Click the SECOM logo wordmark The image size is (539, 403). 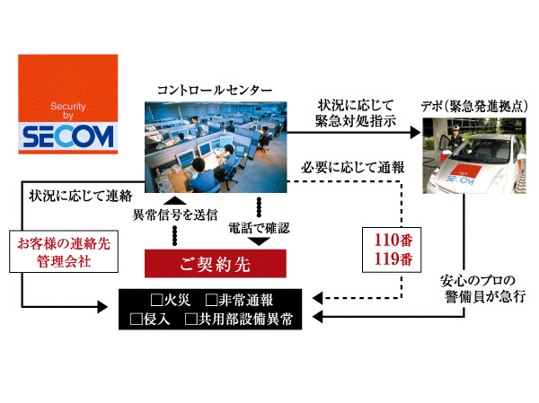click(68, 136)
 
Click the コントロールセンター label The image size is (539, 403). click(214, 89)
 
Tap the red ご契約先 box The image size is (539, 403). click(216, 264)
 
